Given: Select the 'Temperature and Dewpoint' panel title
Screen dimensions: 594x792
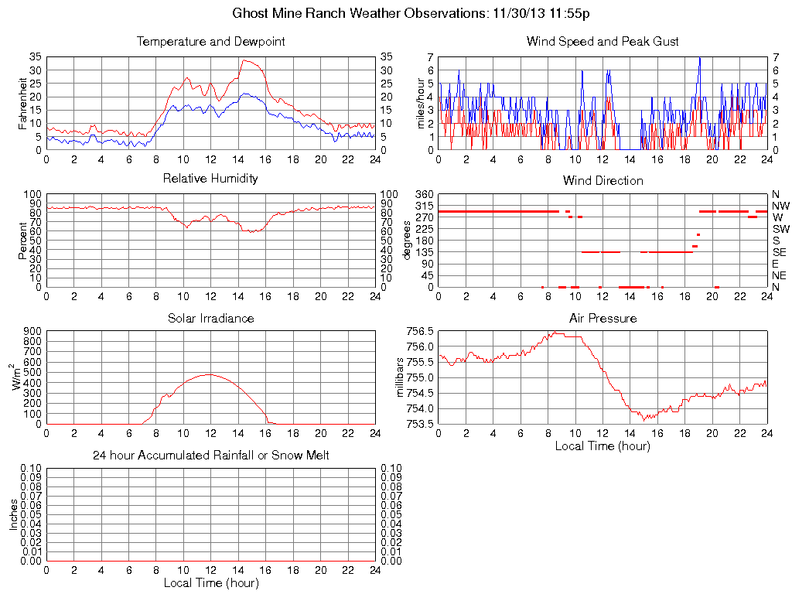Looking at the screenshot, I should click(210, 42).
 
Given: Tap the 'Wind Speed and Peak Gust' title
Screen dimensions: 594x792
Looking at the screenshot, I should click(603, 42).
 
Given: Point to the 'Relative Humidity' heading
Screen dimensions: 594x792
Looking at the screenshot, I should click(210, 179).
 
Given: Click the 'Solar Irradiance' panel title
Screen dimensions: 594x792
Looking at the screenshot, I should click(210, 318).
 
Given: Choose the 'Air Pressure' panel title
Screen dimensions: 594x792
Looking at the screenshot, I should click(603, 318).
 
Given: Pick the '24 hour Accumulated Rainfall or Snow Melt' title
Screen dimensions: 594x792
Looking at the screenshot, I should click(210, 456).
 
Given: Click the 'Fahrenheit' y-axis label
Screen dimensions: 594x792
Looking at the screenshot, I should click(24, 103).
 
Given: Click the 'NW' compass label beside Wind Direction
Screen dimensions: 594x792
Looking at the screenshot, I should click(780, 206).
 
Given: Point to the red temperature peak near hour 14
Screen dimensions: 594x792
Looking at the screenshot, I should click(244, 60).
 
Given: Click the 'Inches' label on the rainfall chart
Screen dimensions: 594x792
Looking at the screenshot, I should click(14, 514).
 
